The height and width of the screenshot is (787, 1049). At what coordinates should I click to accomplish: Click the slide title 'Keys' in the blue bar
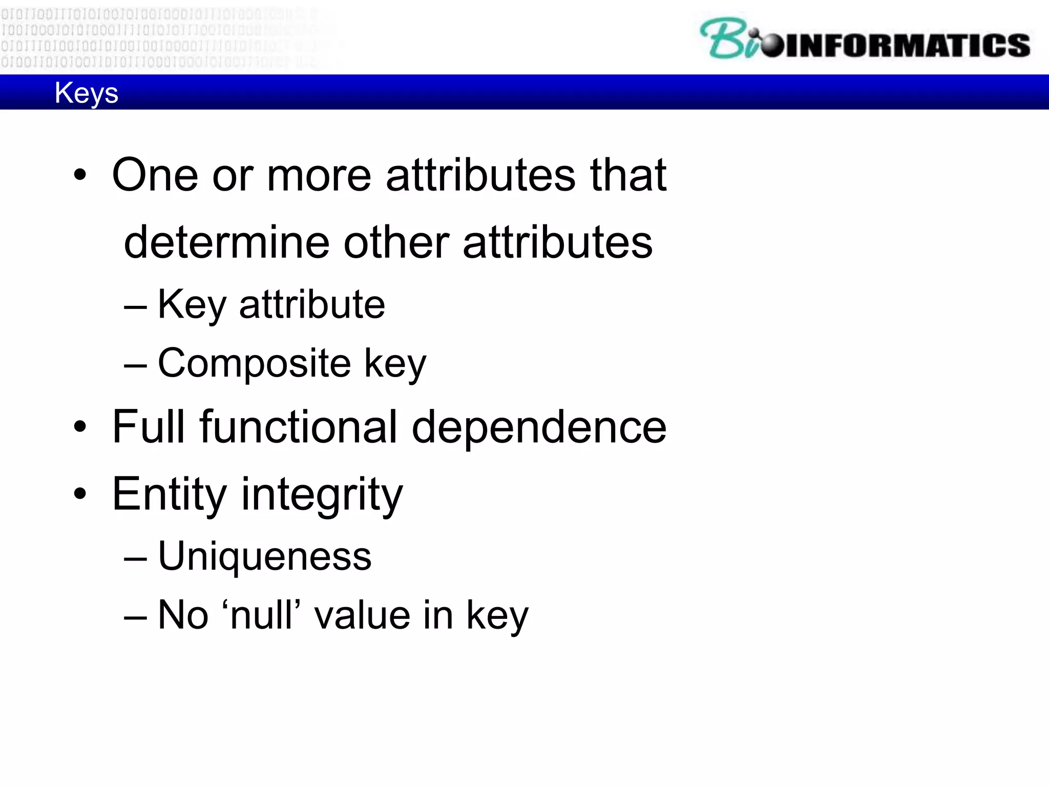[86, 93]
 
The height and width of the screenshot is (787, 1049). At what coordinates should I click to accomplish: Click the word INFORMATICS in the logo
[907, 45]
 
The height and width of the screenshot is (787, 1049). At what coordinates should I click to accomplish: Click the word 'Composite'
[254, 363]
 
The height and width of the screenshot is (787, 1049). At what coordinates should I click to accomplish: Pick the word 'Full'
[148, 427]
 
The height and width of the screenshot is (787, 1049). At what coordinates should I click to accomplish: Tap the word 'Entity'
[169, 494]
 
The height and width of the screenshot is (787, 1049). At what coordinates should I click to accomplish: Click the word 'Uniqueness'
[264, 556]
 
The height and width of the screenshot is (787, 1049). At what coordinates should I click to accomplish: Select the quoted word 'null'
[262, 615]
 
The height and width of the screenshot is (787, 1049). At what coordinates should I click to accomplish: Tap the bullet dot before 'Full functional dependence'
[80, 427]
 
